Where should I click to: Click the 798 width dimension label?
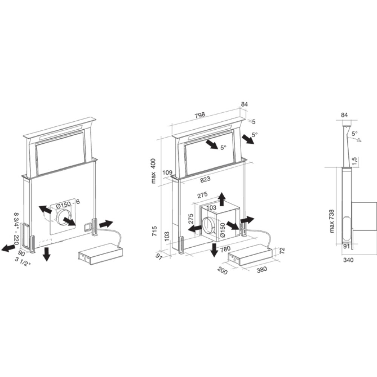pyautogui.click(x=200, y=115)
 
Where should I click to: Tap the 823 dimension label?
pyautogui.click(x=205, y=179)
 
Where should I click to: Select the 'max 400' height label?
pyautogui.click(x=153, y=171)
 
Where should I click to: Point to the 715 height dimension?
pyautogui.click(x=154, y=231)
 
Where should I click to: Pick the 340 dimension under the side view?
pyautogui.click(x=348, y=260)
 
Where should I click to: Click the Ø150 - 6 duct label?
pyautogui.click(x=67, y=204)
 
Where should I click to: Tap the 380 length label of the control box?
pyautogui.click(x=262, y=270)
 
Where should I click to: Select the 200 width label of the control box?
pyautogui.click(x=222, y=271)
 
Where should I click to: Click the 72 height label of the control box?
pyautogui.click(x=282, y=251)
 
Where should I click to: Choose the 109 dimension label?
pyautogui.click(x=167, y=172)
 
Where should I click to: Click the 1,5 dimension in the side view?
pyautogui.click(x=354, y=162)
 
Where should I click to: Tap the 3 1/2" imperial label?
pyautogui.click(x=23, y=261)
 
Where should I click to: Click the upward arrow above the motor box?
pyautogui.click(x=221, y=199)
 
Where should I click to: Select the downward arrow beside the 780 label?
pyautogui.click(x=213, y=250)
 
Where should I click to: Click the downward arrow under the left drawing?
pyautogui.click(x=47, y=254)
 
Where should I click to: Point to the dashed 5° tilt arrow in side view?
pyautogui.click(x=355, y=139)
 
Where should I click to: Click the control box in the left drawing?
pyautogui.click(x=101, y=254)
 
